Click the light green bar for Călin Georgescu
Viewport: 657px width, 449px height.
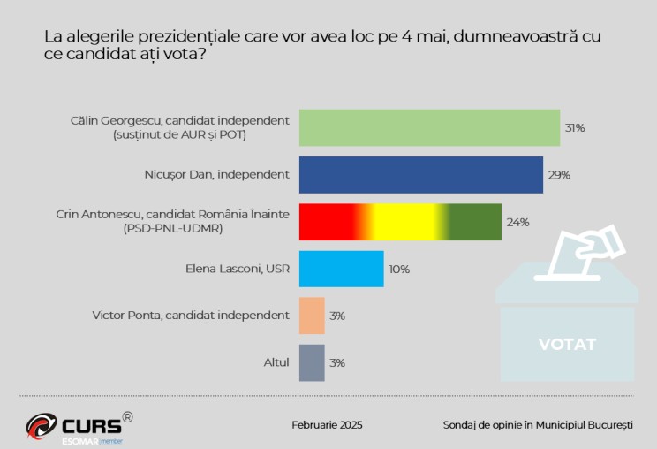pos(429,127)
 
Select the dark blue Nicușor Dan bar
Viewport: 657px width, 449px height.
pos(420,174)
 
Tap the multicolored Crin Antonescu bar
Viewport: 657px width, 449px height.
pos(400,222)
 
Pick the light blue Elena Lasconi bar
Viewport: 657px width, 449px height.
pos(341,269)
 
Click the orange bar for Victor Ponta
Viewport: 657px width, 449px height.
pos(312,316)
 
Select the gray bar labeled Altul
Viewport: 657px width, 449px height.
pos(312,362)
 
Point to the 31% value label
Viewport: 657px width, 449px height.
pos(575,128)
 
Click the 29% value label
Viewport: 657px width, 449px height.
pos(559,175)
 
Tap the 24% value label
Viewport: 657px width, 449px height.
pos(517,222)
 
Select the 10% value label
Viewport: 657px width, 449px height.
pos(399,269)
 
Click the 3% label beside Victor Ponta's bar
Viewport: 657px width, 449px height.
pos(336,316)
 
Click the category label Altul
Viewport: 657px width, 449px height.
pos(276,362)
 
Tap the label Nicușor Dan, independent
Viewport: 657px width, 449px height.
pos(216,174)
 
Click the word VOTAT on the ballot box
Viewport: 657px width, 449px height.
pos(567,344)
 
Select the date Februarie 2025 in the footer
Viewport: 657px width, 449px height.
pos(327,425)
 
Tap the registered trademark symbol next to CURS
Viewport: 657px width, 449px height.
pos(128,415)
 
